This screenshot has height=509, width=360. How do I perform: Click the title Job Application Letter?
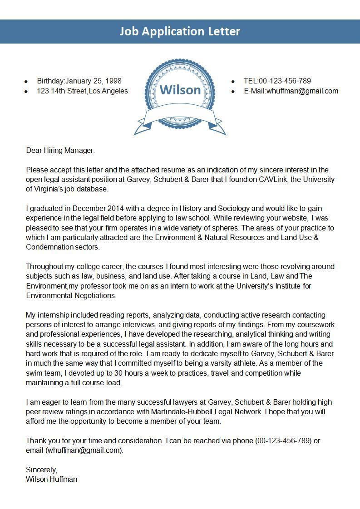[180, 31]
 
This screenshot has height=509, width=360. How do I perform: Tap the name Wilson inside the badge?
[180, 90]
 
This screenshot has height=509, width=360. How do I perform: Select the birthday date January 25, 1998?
[94, 81]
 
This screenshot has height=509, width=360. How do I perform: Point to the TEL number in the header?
[285, 81]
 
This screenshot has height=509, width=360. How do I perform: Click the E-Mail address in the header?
[302, 91]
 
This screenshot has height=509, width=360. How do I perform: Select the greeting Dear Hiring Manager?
[60, 150]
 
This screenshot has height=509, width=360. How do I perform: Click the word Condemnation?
[50, 247]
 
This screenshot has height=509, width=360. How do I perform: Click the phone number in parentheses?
[284, 440]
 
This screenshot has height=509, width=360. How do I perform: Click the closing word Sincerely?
[41, 470]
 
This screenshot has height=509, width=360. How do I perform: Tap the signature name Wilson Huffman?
[52, 479]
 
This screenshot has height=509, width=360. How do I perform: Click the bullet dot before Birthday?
[26, 82]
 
